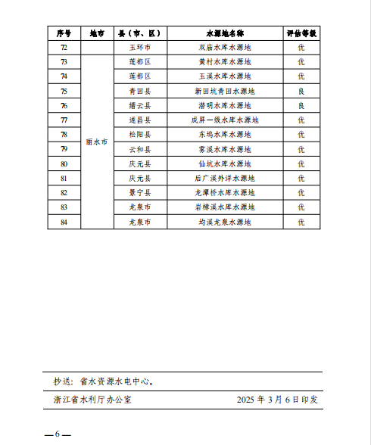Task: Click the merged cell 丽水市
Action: pos(96,142)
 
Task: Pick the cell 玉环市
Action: pos(140,47)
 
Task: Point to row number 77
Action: pos(64,120)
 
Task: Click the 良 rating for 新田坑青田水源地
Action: pos(301,91)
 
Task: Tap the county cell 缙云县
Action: pos(140,105)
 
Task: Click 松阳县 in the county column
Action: pos(140,134)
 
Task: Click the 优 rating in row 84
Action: pos(301,222)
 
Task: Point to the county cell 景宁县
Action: pos(140,192)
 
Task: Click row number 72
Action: pos(64,47)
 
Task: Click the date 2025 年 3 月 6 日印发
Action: pos(277,399)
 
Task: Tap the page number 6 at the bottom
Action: pos(58,434)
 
